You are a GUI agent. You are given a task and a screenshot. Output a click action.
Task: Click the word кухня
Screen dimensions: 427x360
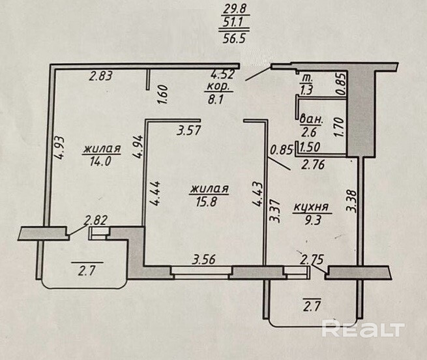click(x=312, y=209)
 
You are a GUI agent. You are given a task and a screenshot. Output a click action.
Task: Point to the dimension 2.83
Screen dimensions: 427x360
click(x=101, y=76)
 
